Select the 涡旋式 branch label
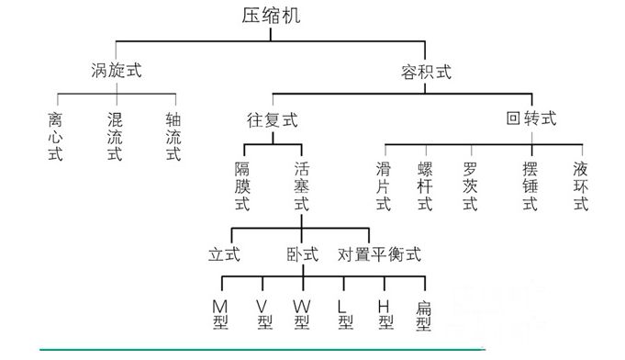[116, 70]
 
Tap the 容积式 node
[426, 72]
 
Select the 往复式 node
[273, 120]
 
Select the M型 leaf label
[219, 313]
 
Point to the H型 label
[385, 313]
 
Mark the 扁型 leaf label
[424, 313]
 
